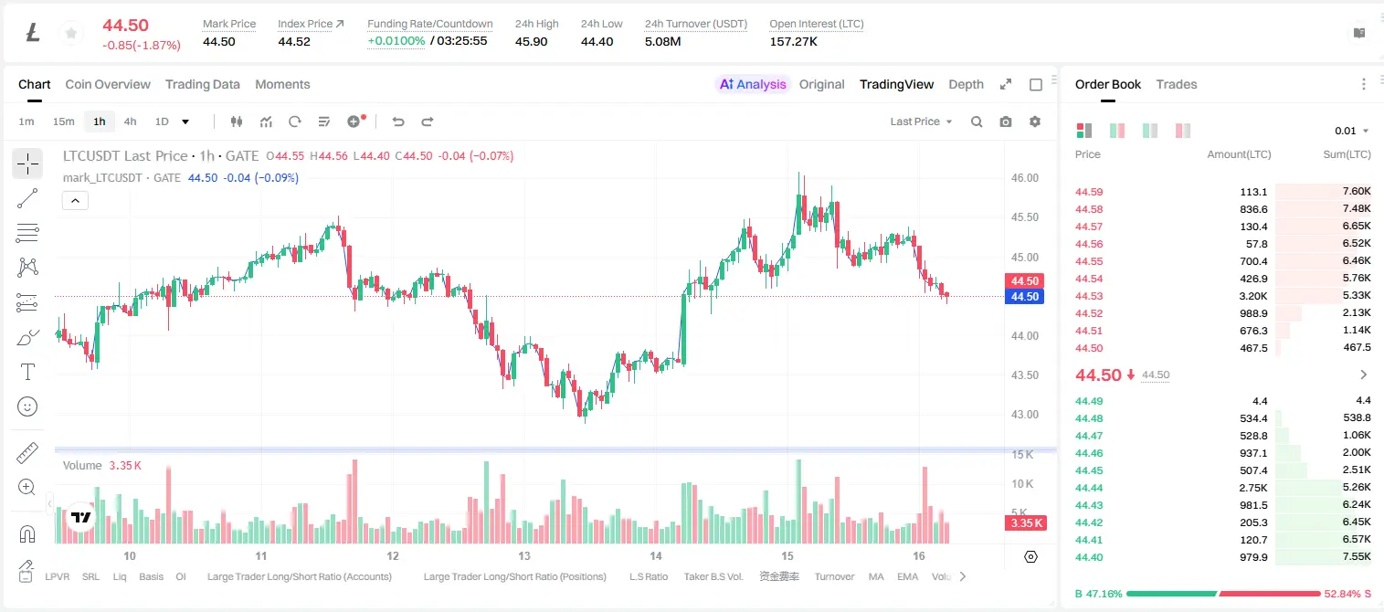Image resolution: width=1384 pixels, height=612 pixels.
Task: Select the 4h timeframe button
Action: pyautogui.click(x=130, y=121)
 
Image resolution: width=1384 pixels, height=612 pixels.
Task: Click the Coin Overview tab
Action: pyautogui.click(x=108, y=85)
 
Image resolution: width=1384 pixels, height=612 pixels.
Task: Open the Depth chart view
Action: pyautogui.click(x=966, y=85)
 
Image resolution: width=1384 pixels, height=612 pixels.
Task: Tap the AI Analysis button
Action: pyautogui.click(x=753, y=85)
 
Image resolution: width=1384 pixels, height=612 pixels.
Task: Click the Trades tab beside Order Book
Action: pyautogui.click(x=1177, y=85)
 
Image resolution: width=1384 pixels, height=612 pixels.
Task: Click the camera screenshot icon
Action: pyautogui.click(x=1006, y=121)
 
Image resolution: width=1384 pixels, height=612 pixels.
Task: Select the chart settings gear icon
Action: pyautogui.click(x=1035, y=121)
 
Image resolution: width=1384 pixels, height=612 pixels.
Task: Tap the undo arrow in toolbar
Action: pyautogui.click(x=398, y=121)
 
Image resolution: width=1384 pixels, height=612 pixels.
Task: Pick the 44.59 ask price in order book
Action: pyautogui.click(x=1089, y=192)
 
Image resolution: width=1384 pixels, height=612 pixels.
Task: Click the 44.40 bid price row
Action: pyautogui.click(x=1089, y=557)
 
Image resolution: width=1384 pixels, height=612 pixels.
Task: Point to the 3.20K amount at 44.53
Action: pyautogui.click(x=1253, y=296)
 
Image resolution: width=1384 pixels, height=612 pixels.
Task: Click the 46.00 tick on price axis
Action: pyautogui.click(x=1024, y=178)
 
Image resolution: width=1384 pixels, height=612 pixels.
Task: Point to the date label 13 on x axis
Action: pyautogui.click(x=524, y=555)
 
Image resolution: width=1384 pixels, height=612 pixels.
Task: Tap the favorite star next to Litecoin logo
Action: pyautogui.click(x=71, y=33)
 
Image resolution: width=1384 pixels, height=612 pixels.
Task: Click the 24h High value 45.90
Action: pyautogui.click(x=532, y=41)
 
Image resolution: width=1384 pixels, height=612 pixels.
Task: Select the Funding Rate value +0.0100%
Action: pyautogui.click(x=396, y=41)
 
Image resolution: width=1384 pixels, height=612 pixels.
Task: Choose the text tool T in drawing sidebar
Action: pyautogui.click(x=27, y=372)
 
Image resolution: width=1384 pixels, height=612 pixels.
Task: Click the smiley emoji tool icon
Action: pyautogui.click(x=27, y=406)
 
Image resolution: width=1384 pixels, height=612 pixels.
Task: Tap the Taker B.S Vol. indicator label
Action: pyautogui.click(x=713, y=576)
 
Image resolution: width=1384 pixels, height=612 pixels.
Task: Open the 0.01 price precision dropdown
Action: pyautogui.click(x=1351, y=131)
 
